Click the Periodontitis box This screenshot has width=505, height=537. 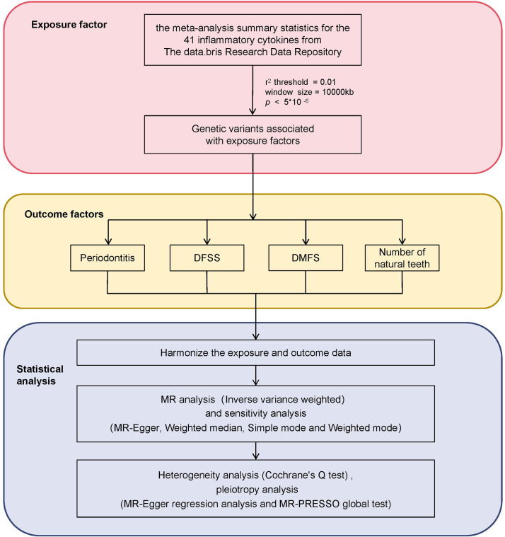tap(108, 258)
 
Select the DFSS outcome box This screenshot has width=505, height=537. tap(207, 258)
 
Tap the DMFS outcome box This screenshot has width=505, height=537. tap(306, 258)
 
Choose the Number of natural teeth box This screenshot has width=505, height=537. tap(402, 258)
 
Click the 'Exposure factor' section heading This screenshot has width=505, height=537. tap(69, 25)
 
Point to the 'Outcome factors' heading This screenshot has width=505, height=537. tap(64, 214)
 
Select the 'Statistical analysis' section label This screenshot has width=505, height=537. tap(40, 375)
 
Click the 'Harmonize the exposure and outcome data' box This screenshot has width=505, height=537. tap(256, 353)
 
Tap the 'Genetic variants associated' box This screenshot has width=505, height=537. tap(253, 134)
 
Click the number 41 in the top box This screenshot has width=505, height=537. tap(189, 40)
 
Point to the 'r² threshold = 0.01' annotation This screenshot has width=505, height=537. tap(301, 82)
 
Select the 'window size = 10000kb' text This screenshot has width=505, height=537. tap(309, 92)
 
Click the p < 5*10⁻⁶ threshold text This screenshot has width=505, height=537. tap(286, 102)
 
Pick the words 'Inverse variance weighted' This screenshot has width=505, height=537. tap(283, 400)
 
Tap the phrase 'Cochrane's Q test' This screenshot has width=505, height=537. tap(306, 475)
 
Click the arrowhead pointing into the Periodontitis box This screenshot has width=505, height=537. tap(108, 241)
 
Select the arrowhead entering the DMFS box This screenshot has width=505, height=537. tap(306, 241)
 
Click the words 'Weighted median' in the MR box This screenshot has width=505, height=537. tap(204, 428)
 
